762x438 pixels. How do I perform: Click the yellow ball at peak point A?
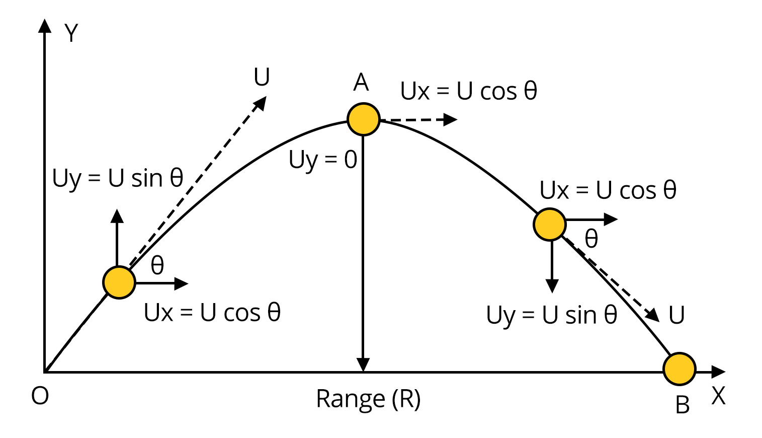click(363, 119)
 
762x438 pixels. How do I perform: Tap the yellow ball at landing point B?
click(680, 369)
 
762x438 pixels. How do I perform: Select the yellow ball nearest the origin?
click(119, 283)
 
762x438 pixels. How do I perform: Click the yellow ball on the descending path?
click(549, 225)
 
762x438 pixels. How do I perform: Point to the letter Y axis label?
click(71, 33)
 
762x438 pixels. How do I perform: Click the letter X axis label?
click(718, 396)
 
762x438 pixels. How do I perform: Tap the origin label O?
click(40, 396)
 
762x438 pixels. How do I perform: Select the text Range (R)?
click(368, 399)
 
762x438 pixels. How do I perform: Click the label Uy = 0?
click(323, 160)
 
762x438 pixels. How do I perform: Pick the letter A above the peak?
click(361, 82)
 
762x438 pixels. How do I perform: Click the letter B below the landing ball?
click(683, 405)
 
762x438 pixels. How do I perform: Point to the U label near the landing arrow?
click(676, 315)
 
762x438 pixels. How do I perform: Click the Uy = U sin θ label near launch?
click(118, 178)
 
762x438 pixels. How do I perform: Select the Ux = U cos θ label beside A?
click(469, 91)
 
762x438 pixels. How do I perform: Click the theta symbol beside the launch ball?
click(157, 265)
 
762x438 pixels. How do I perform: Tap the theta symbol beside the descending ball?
click(591, 239)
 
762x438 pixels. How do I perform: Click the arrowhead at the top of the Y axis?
click(45, 26)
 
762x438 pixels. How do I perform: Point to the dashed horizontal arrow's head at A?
click(451, 119)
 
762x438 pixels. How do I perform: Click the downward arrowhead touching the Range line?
click(363, 365)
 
